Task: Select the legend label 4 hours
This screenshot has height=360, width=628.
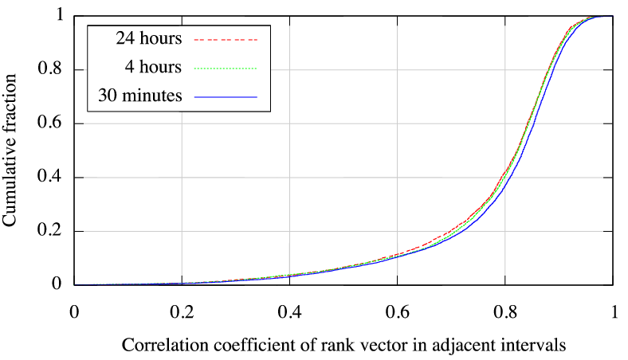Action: point(155,66)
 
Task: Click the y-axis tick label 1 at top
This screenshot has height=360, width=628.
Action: point(58,16)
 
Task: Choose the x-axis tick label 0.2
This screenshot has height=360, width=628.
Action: point(182,311)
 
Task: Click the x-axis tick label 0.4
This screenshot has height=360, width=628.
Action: point(290,311)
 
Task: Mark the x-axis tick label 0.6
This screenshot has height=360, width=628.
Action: point(398,311)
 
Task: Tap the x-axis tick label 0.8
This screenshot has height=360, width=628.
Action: point(505,311)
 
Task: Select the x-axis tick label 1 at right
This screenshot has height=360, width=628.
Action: point(613,311)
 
